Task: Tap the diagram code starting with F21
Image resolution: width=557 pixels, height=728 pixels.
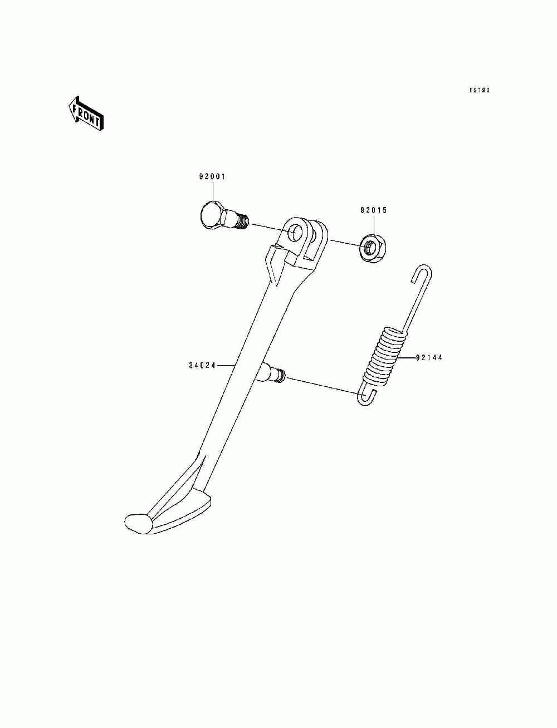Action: click(478, 90)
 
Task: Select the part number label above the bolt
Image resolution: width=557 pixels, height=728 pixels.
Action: click(212, 177)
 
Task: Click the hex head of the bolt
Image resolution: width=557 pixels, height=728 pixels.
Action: click(211, 217)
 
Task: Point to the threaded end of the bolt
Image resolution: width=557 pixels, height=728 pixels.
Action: click(240, 222)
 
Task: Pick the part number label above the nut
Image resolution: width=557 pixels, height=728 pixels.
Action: click(373, 210)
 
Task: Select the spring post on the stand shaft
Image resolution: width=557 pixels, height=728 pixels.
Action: click(272, 372)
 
